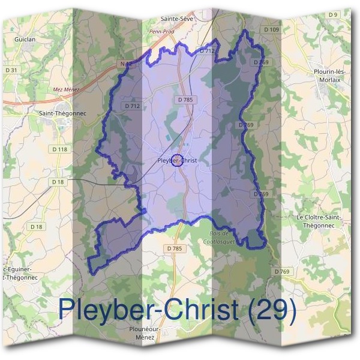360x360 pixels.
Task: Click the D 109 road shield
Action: pos(271,29)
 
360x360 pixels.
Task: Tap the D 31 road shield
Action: pos(10,71)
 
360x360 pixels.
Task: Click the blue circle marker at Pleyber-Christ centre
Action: pos(176,160)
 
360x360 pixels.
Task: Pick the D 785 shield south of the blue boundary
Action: pos(173,248)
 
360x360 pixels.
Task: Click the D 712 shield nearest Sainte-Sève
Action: pos(205,52)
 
